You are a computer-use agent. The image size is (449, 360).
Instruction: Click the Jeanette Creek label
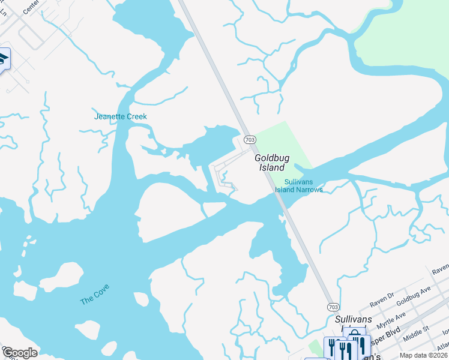click(x=120, y=116)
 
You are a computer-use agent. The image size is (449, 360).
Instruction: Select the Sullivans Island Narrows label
click(x=299, y=185)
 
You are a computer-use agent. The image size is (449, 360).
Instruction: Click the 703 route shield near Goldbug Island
click(x=250, y=139)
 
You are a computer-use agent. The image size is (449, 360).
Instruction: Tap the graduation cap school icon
click(x=3, y=59)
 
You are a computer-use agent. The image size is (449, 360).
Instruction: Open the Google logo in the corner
click(x=19, y=353)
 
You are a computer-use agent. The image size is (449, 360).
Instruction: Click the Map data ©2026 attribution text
click(x=423, y=355)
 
